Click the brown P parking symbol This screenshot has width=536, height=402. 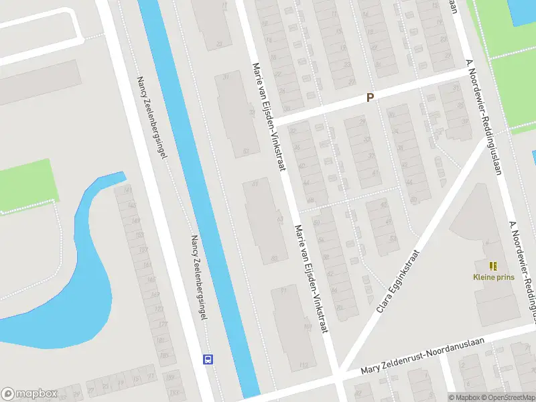[x=369, y=98]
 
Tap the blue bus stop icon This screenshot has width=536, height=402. [x=208, y=359]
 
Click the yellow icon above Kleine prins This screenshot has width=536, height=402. [x=493, y=266]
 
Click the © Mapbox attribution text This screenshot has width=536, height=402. [x=465, y=397]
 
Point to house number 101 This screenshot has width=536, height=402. [x=308, y=327]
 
